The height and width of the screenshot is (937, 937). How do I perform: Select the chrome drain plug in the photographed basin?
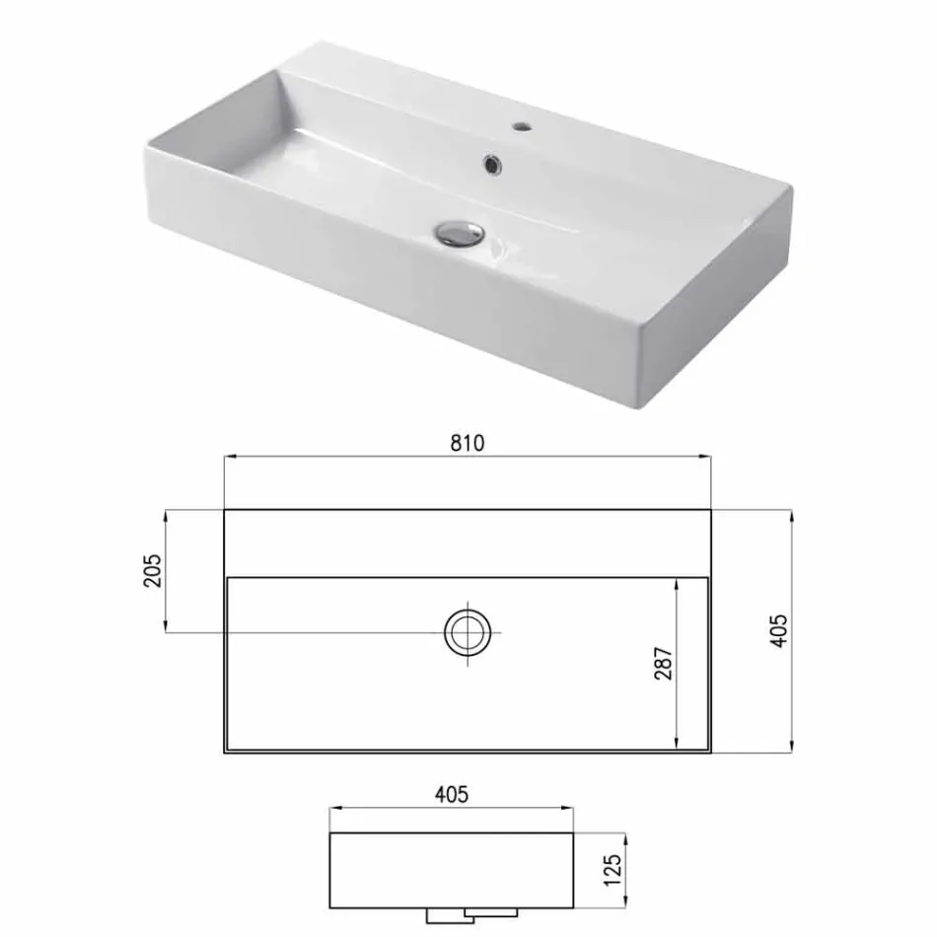pyautogui.click(x=459, y=232)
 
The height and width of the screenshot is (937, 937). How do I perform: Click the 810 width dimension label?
pyautogui.click(x=468, y=443)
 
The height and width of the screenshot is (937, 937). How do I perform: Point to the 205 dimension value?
pyautogui.click(x=153, y=569)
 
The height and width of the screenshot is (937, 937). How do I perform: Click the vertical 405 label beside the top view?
pyautogui.click(x=779, y=630)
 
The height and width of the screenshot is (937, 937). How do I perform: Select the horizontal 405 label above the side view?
pyautogui.click(x=451, y=793)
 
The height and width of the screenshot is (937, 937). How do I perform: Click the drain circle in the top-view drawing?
pyautogui.click(x=468, y=630)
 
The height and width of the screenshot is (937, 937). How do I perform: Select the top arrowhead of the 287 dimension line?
pyautogui.click(x=677, y=584)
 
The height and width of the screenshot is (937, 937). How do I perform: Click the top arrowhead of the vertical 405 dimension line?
pyautogui.click(x=792, y=515)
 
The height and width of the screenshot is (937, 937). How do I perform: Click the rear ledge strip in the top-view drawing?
pyautogui.click(x=468, y=542)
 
